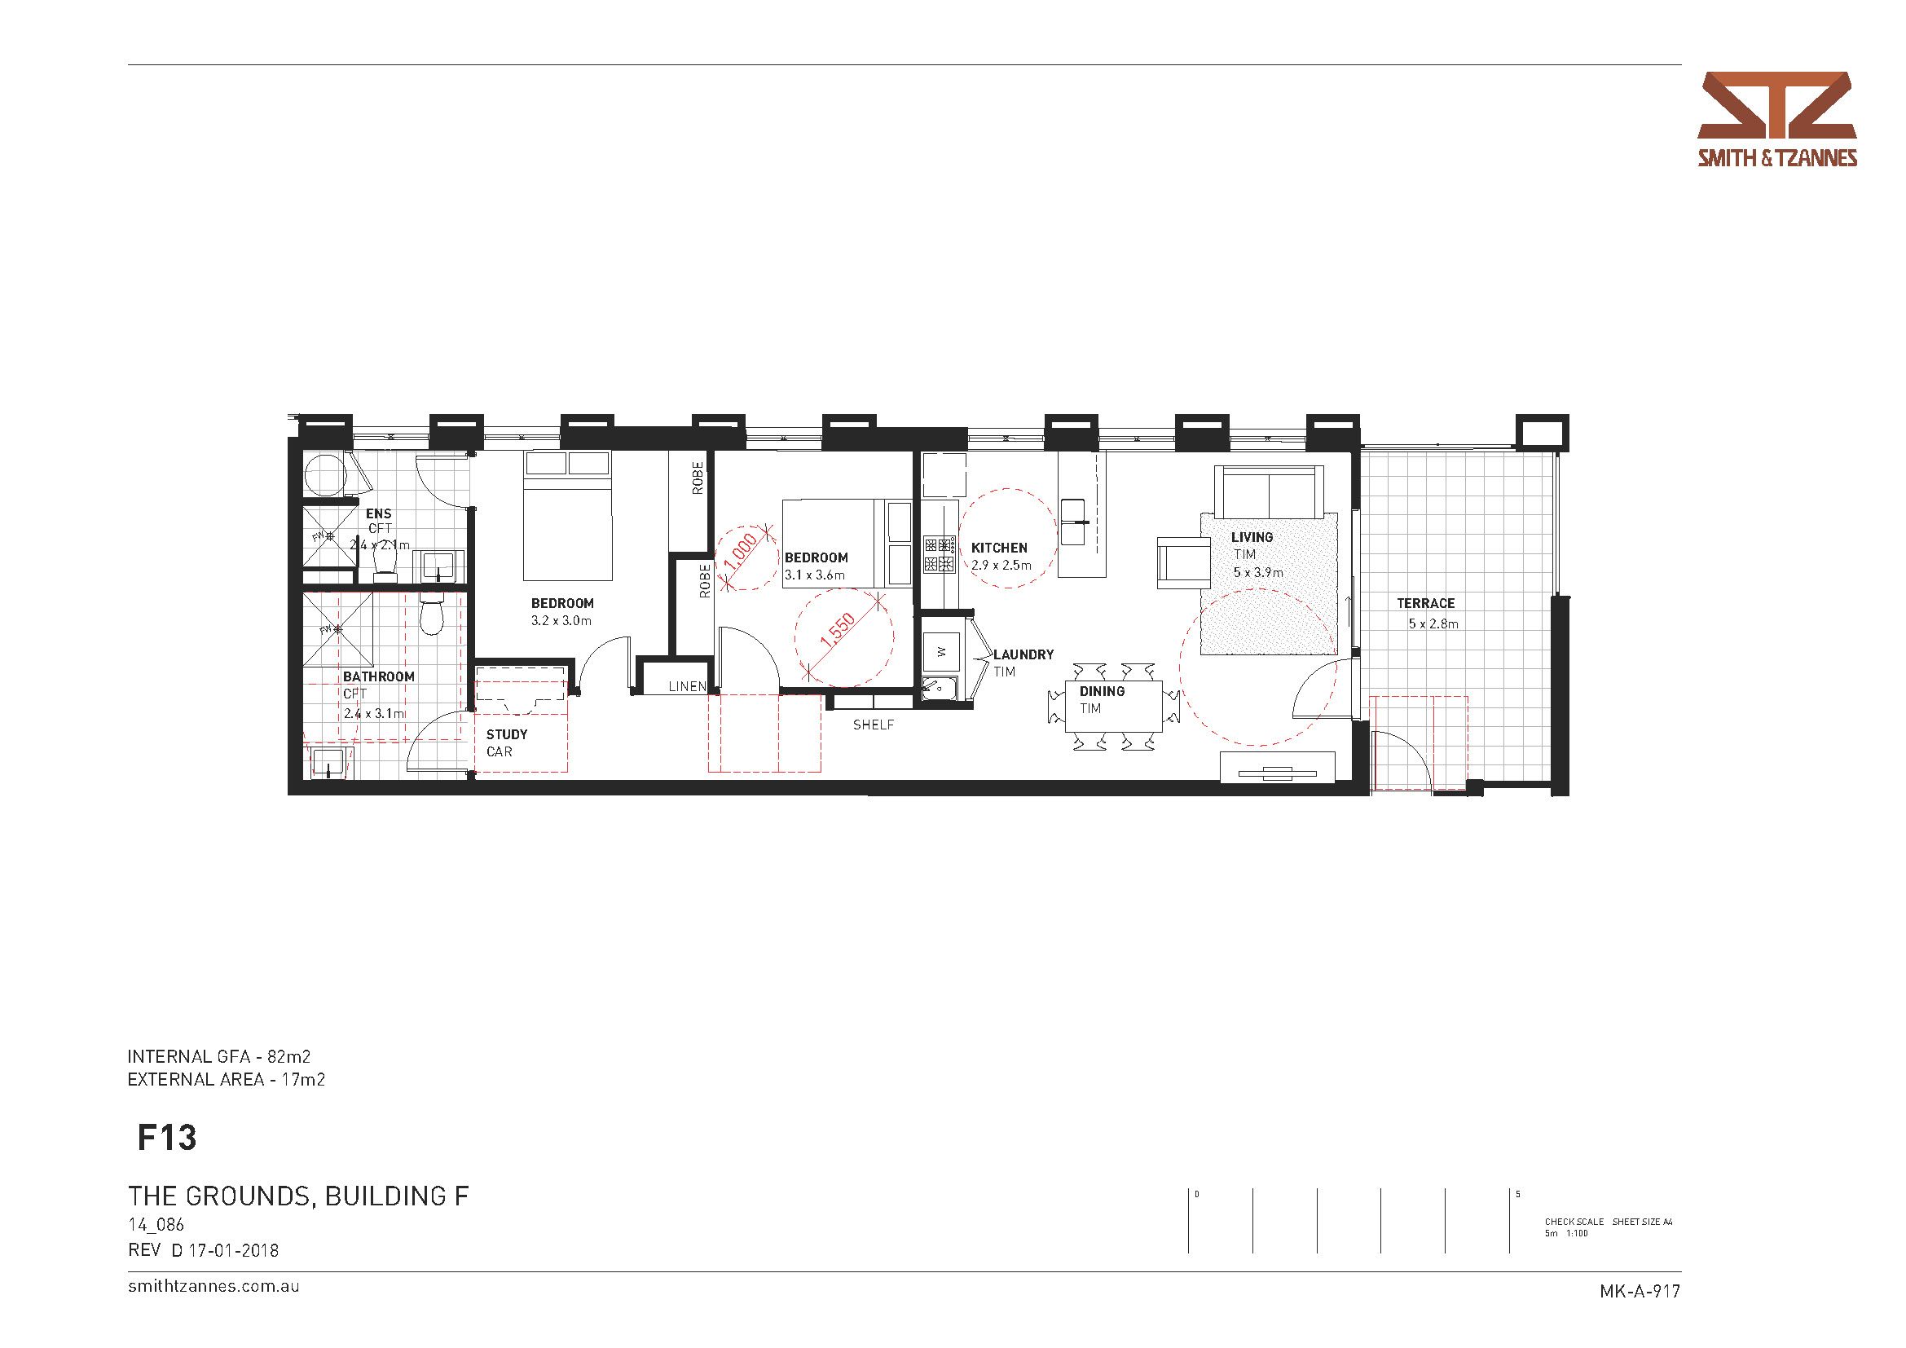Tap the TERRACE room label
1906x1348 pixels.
point(1425,603)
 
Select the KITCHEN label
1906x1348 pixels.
point(1000,548)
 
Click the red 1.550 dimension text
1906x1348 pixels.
point(837,629)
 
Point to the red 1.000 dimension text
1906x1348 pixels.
point(741,552)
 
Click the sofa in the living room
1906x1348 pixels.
point(1269,491)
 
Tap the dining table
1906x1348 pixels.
point(1113,706)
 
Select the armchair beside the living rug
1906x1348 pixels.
point(1185,562)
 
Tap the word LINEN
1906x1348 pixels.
point(688,686)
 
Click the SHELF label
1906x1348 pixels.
point(874,725)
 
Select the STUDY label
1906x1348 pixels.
point(506,734)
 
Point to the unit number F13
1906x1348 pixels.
point(167,1138)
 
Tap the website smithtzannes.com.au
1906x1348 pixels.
point(213,1287)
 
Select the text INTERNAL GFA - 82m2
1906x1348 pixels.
point(219,1057)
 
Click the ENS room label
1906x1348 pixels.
point(379,513)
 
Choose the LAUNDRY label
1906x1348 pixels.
point(1023,655)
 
